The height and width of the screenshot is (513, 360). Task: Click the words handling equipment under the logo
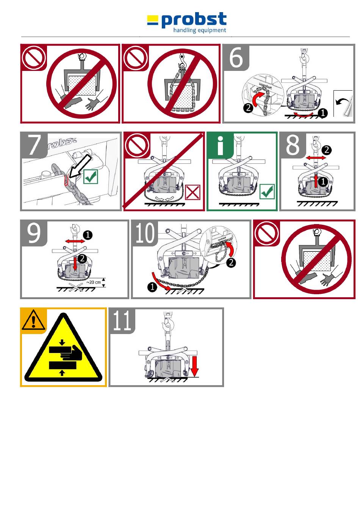[x=200, y=30]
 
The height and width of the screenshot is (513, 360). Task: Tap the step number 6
[x=236, y=58]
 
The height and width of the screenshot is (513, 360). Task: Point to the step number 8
[x=293, y=144]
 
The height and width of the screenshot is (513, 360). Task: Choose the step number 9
[x=34, y=233]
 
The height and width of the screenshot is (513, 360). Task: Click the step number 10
[x=145, y=233]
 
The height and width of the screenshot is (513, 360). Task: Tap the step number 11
[x=122, y=320]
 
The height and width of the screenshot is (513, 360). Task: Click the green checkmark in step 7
[x=91, y=177]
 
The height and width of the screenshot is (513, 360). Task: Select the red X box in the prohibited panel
[x=193, y=192]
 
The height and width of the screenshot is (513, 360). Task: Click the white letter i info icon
[x=220, y=146]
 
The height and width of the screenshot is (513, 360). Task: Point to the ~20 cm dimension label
[x=94, y=282]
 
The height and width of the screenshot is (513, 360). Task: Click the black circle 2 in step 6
[x=248, y=108]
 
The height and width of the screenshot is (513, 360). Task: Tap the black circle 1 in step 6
[x=323, y=113]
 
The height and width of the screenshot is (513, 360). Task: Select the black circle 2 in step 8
[x=326, y=150]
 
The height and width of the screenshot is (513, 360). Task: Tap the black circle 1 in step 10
[x=152, y=287]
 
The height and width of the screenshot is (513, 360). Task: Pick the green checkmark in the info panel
[x=267, y=191]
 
